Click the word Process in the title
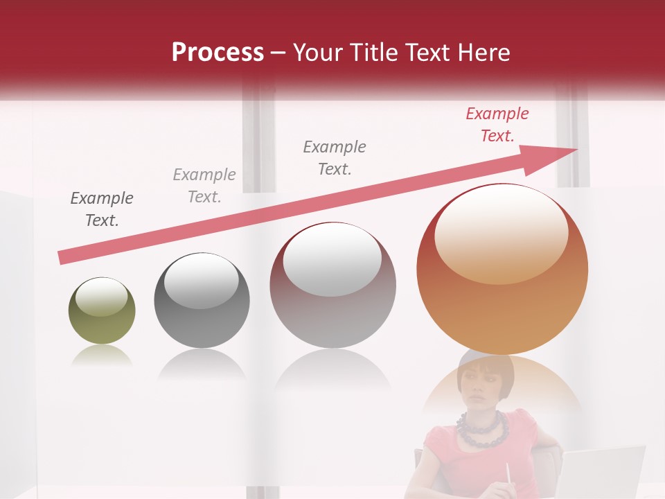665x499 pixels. (218, 53)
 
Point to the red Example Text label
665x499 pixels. (497, 125)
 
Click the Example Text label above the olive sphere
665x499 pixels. (102, 209)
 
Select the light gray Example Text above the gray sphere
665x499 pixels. (204, 186)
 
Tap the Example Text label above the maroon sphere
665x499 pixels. (335, 157)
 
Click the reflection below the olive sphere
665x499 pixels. (102, 356)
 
